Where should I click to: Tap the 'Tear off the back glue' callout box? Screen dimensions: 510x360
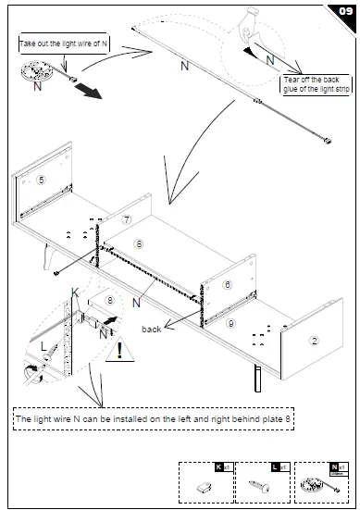coord(316,84)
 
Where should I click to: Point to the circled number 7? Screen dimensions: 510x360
coord(127,219)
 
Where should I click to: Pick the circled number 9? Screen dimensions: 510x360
coord(230,321)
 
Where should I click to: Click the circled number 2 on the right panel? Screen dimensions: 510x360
coord(314,341)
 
